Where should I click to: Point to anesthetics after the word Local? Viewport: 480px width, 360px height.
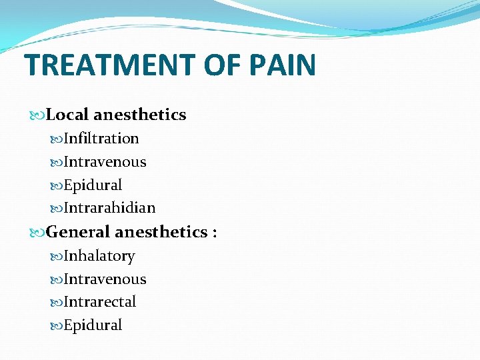140,115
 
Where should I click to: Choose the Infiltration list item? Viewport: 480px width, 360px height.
101,139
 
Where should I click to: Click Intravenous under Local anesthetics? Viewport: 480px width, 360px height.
105,162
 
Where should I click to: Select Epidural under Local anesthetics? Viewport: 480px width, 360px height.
93,185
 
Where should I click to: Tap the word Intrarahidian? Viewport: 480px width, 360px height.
109,208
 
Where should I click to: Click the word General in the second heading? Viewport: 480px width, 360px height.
79,232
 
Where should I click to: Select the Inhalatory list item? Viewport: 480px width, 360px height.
99,256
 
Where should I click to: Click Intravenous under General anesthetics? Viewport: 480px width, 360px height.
105,279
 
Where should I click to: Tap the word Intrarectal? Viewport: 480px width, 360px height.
100,302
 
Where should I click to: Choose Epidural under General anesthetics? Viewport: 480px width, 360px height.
93,325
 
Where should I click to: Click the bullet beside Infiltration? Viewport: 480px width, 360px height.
57,139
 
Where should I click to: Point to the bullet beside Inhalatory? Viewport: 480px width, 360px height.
57,257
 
